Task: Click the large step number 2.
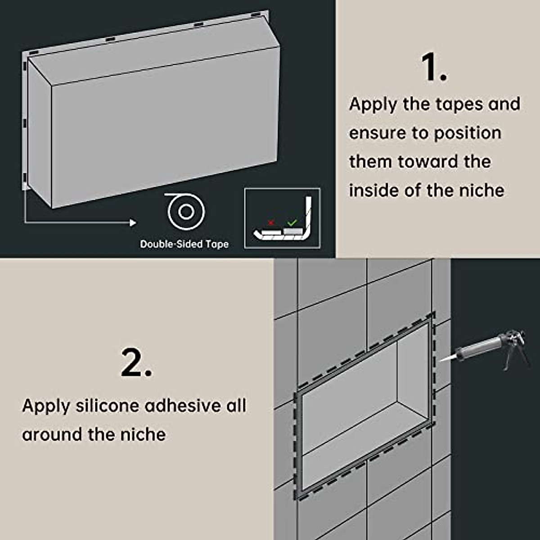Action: point(136,363)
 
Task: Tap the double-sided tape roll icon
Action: point(185,211)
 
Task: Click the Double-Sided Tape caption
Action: point(184,244)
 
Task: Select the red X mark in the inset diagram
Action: point(270,222)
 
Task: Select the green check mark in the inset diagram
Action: point(292,222)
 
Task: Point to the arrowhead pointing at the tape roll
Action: point(132,223)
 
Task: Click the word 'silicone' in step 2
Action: point(107,406)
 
